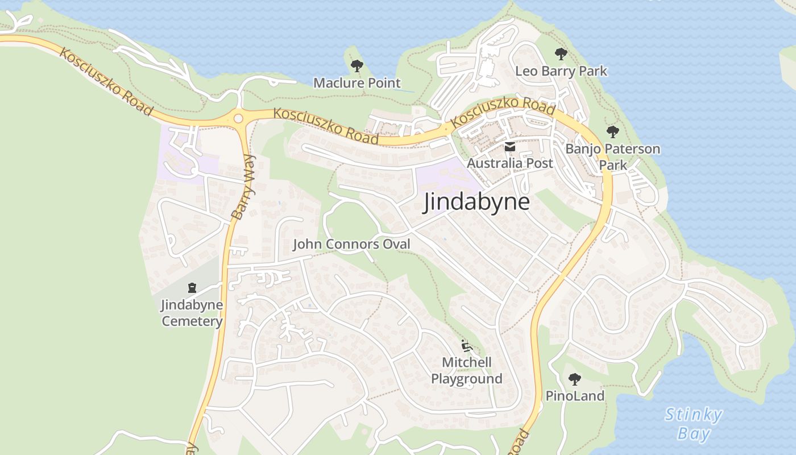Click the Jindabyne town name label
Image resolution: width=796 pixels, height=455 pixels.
pos(476,202)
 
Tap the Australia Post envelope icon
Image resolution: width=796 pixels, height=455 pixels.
pos(510,147)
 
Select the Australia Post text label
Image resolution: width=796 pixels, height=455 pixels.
pos(510,163)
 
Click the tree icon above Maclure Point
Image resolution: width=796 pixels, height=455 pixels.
pos(356,66)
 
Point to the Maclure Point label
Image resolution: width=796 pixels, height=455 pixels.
pos(357,83)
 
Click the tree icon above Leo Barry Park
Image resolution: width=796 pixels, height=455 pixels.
pos(561,54)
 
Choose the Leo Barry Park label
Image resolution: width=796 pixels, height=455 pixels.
pos(561,71)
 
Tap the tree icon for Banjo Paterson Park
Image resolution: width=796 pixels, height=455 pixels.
pos(612,132)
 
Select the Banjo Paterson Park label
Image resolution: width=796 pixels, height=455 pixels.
pos(613,157)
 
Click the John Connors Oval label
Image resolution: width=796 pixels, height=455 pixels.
pos(351,245)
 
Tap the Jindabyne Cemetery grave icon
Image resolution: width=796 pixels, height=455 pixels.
pos(192,288)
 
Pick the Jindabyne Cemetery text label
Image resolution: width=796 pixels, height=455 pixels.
pos(192,313)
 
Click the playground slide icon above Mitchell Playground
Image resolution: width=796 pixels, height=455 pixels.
pos(466,345)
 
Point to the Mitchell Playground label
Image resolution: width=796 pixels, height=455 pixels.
pos(466,370)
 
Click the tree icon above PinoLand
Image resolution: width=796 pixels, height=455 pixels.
pos(575,379)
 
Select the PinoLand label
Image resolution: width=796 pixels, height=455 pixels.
pos(575,396)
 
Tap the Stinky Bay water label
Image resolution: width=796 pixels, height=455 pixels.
pos(694,424)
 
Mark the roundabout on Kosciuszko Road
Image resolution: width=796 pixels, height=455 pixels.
pos(238,118)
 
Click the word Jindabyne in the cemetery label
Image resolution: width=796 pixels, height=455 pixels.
pos(192,305)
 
